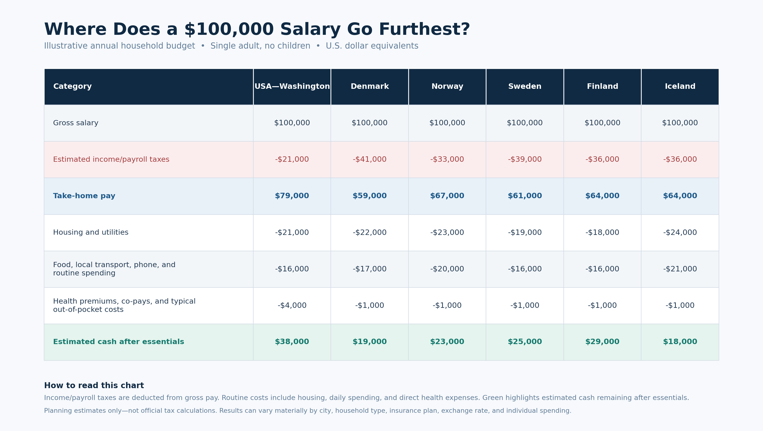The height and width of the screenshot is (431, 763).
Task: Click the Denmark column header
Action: (370, 86)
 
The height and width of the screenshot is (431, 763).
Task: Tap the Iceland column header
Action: (680, 86)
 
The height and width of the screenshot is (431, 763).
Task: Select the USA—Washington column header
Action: (292, 86)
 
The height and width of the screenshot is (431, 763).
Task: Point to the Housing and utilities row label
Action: (91, 232)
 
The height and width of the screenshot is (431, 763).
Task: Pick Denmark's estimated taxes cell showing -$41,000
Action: (370, 159)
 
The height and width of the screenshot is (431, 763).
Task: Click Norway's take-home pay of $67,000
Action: (447, 196)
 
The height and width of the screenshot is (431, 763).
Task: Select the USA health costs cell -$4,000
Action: (292, 305)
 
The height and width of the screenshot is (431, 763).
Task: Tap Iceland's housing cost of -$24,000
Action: (680, 232)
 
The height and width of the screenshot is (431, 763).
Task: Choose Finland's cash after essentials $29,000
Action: (602, 341)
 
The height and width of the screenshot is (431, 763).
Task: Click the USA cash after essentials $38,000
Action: (292, 341)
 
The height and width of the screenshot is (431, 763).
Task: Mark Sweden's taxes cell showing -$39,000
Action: (525, 159)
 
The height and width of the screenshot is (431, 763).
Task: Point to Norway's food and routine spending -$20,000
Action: (447, 269)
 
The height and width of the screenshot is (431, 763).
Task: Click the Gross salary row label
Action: (76, 123)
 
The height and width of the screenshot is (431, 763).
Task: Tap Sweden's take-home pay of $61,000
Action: (525, 196)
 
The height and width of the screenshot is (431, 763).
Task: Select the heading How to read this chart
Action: (94, 386)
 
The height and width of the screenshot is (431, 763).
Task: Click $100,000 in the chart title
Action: (229, 30)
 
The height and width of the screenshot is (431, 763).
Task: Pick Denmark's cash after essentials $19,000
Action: (370, 341)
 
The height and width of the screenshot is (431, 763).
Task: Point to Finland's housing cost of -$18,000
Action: (602, 232)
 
